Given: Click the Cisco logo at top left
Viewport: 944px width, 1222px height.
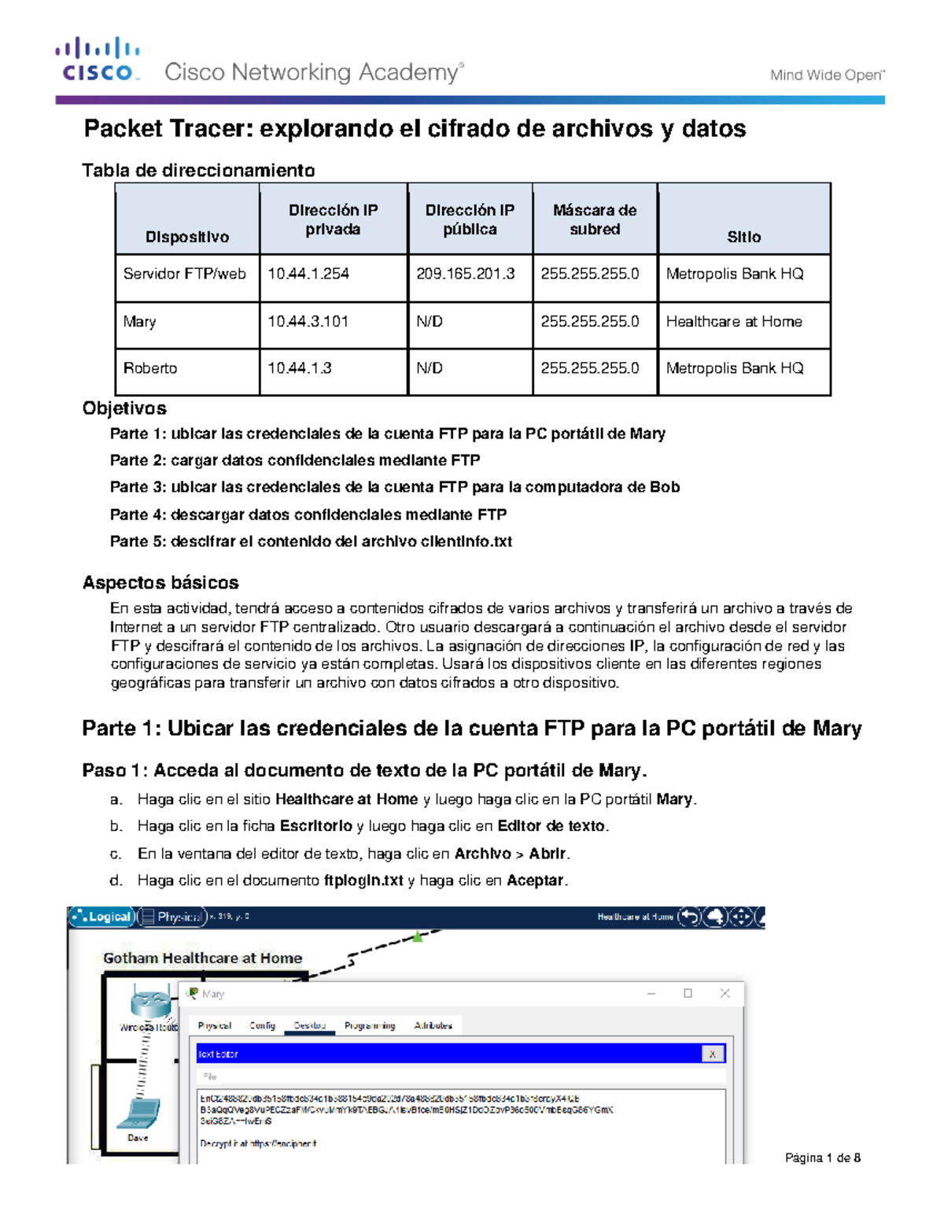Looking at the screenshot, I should coord(98,60).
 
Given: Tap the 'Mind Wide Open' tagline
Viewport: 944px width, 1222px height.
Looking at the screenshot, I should coord(827,76).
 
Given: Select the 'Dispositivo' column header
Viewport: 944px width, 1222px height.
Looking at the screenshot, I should coord(187,237).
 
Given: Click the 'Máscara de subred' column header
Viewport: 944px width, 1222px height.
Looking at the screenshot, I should coord(595,220).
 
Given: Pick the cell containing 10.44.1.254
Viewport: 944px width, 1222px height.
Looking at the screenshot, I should coord(308,274).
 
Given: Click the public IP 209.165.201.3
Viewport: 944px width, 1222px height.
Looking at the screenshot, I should coord(466,274).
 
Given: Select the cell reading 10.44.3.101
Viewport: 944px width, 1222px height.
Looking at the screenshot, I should coord(308,322).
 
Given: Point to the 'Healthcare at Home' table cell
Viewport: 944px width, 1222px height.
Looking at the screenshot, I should coord(734,322).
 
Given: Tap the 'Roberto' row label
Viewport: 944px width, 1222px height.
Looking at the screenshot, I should coord(150,368).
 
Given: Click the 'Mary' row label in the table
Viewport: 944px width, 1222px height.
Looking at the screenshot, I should coord(140,322).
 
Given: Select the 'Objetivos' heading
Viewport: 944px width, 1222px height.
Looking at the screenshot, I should coord(124,408).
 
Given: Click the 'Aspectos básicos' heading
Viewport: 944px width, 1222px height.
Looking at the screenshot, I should coord(160,583).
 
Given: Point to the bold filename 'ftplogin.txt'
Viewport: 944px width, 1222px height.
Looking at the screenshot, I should coord(363,881).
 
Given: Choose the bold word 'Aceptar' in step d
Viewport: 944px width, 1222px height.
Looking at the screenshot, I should coord(535,881).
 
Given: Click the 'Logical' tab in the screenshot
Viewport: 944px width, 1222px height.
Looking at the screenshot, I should coord(102,917).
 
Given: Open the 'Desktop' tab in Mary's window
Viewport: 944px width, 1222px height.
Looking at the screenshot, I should coord(309,1025).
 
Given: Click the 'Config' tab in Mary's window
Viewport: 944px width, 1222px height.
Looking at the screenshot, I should coord(262,1025).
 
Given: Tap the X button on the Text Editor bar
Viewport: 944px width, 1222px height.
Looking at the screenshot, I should coord(712,1054).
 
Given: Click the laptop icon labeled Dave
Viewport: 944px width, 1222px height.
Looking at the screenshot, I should coord(139,1113).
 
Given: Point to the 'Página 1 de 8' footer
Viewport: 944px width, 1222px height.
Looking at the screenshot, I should coord(823,1157).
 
